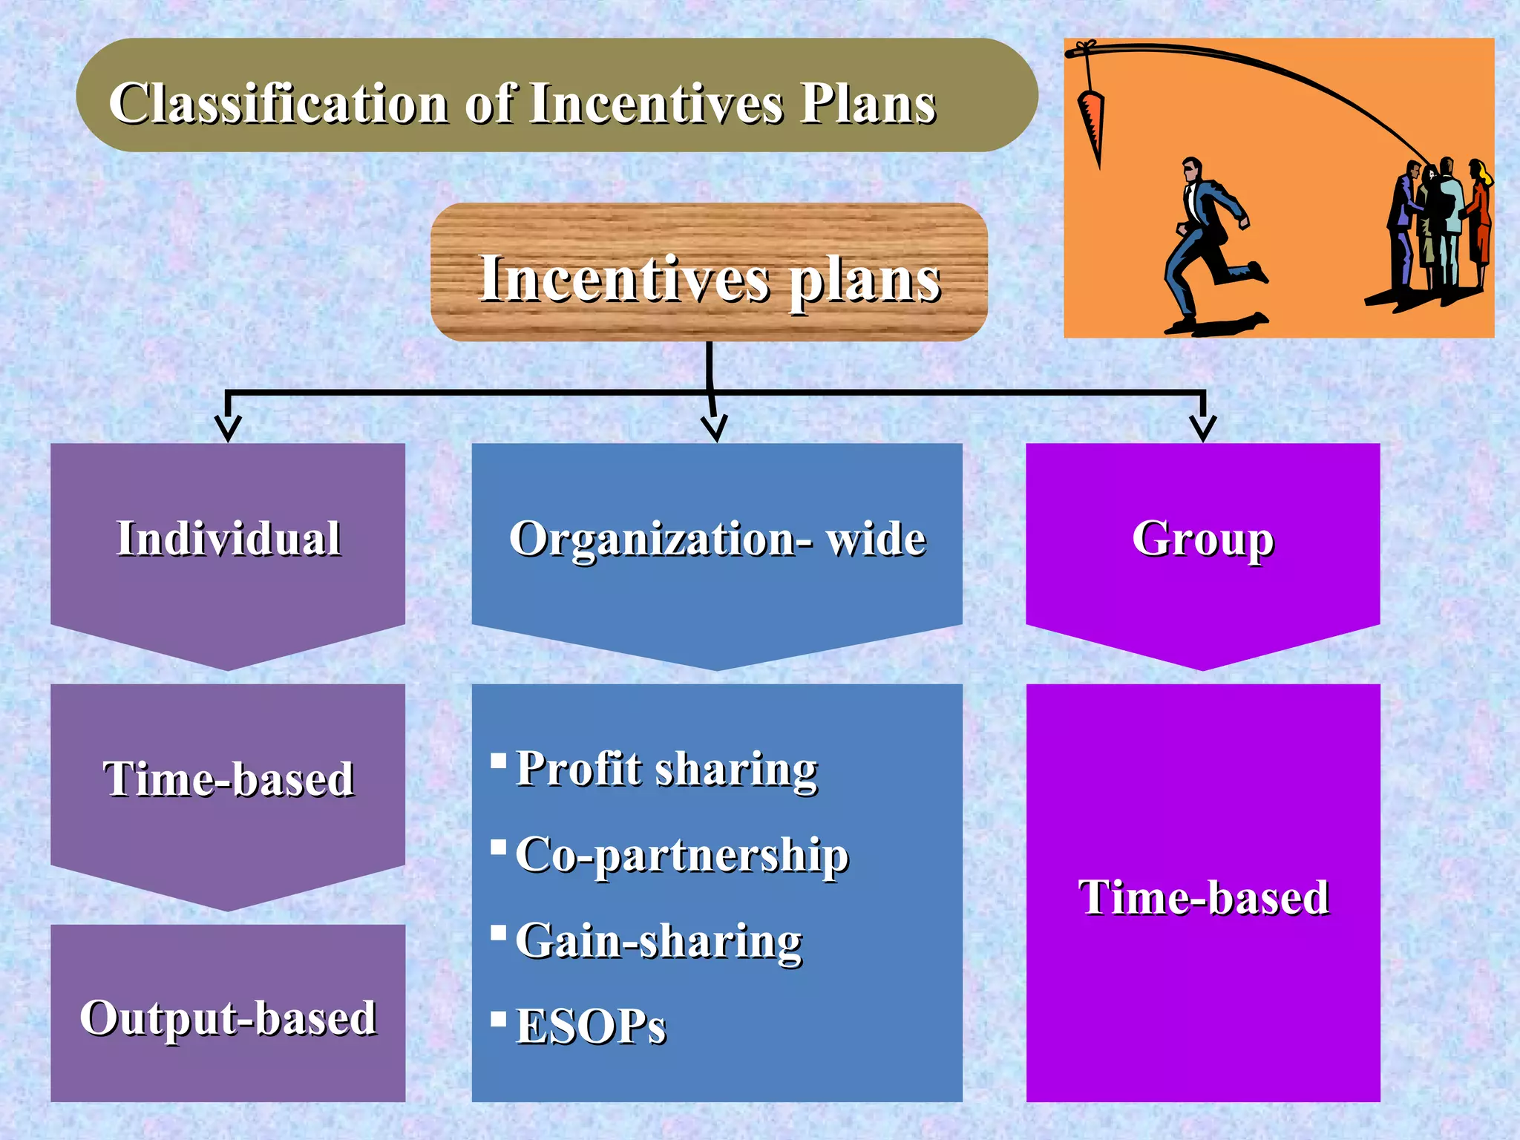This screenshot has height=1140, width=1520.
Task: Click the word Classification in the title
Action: pos(279,103)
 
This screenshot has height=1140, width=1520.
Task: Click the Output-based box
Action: pos(228,1016)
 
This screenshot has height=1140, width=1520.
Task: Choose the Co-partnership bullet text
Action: pos(681,855)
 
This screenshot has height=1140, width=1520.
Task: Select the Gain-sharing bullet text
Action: pos(658,941)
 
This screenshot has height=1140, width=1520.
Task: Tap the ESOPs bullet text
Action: pos(591,1026)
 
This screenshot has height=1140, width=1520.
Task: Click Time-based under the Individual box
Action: pos(229,779)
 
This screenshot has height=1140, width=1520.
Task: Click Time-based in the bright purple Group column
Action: pos(1203,897)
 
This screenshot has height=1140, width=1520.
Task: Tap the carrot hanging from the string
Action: pos(1091,122)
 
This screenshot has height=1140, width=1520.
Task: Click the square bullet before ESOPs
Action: pos(499,1017)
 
